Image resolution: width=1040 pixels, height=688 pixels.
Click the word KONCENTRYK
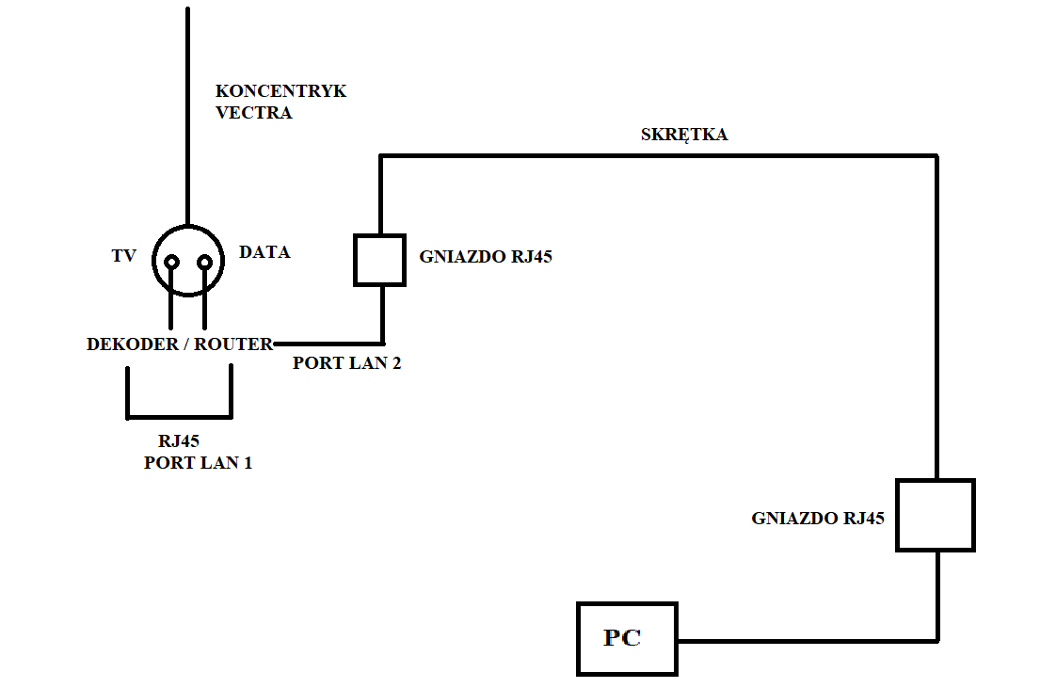(280, 91)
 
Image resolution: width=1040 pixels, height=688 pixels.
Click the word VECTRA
(254, 113)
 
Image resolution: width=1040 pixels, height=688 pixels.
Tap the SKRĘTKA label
(684, 135)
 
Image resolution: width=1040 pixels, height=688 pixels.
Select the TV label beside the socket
(124, 256)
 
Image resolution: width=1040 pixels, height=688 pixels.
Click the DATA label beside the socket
(264, 252)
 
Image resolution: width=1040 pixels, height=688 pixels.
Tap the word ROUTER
(232, 344)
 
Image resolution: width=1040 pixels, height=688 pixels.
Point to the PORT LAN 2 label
(347, 363)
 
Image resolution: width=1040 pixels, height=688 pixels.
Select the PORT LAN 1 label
(199, 462)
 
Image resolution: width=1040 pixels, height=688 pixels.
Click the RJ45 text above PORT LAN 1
(179, 441)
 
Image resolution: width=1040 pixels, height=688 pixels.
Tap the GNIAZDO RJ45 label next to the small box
(486, 257)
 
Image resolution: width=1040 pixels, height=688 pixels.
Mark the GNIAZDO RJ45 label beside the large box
(818, 519)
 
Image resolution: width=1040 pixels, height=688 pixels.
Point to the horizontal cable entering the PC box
(808, 641)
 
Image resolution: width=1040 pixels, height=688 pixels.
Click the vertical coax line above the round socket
(187, 116)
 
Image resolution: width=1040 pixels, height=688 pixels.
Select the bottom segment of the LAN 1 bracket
(179, 417)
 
